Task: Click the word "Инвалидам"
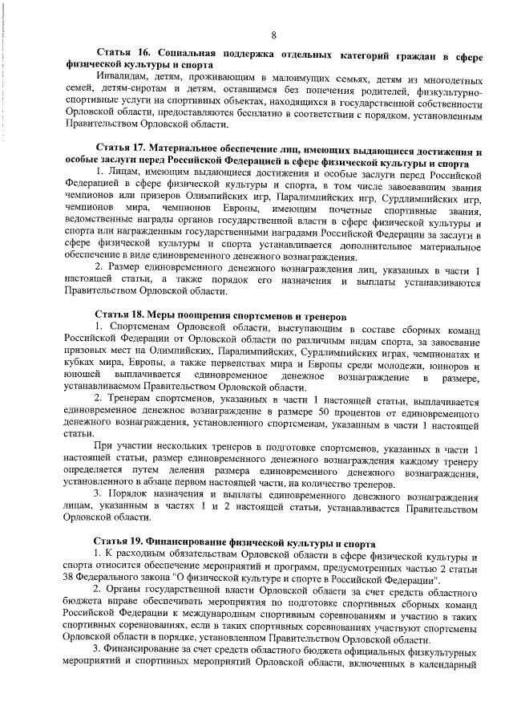118,78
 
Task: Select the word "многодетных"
450,78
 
